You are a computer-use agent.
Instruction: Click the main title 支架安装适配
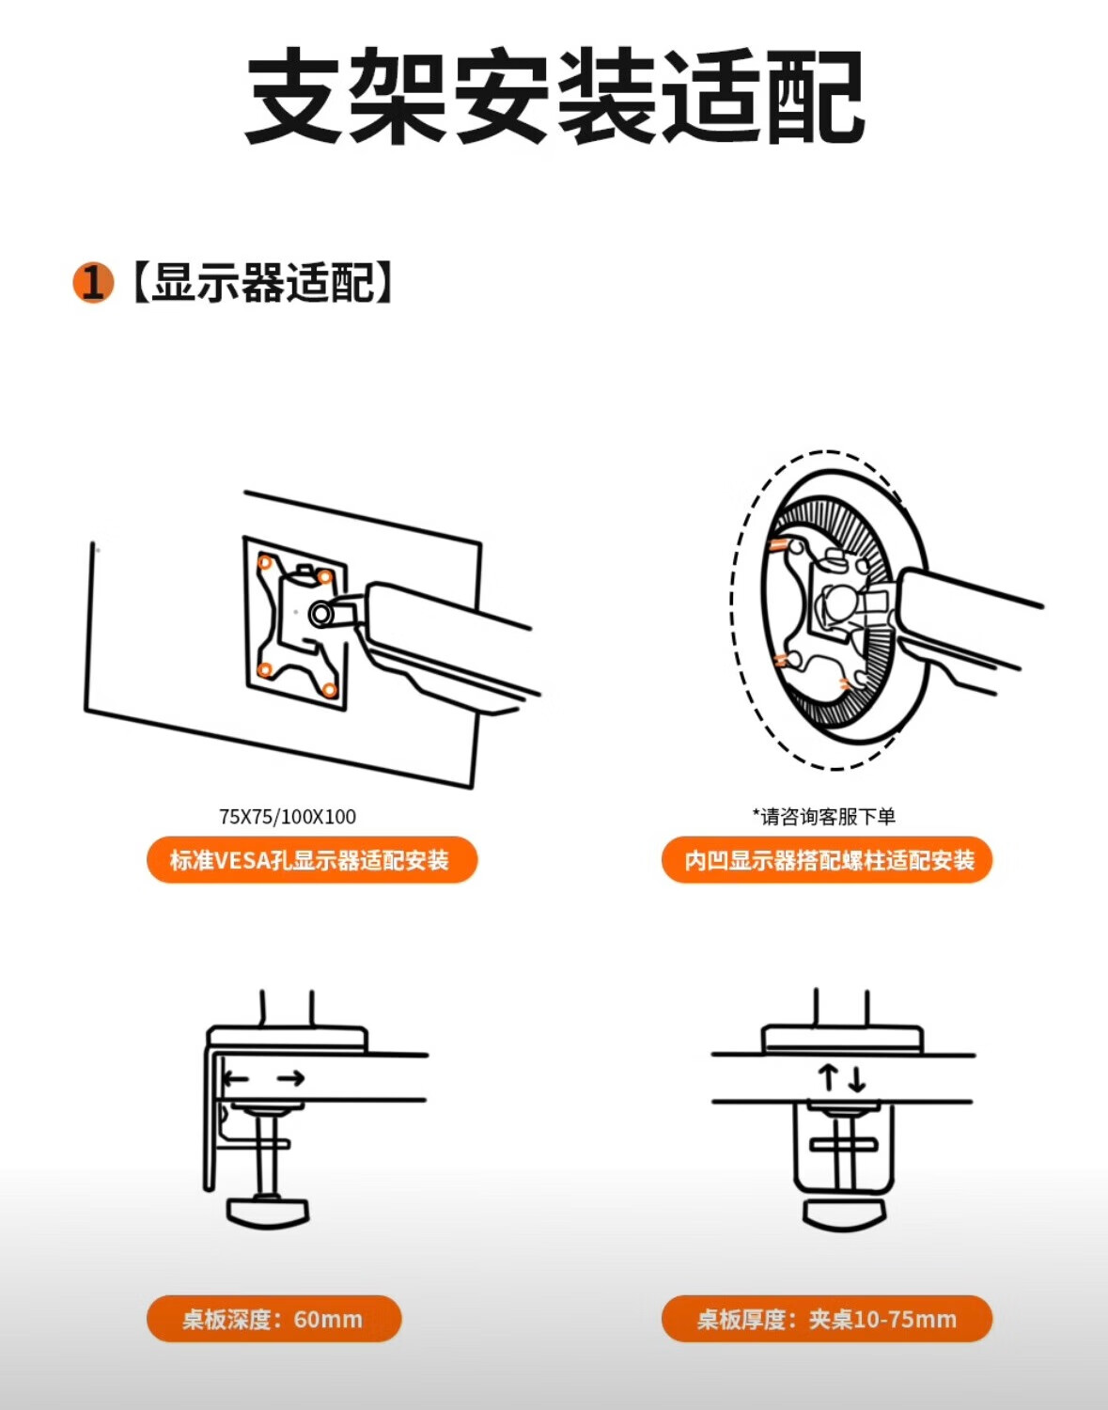pos(554,97)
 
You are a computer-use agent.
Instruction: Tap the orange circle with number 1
pos(93,283)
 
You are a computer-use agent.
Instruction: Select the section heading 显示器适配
pos(263,283)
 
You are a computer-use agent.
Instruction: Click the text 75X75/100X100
pos(288,816)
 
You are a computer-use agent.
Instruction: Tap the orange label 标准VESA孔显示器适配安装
pos(312,860)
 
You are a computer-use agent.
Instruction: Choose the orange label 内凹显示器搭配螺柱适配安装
pos(827,860)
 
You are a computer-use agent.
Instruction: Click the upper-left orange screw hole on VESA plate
pos(265,562)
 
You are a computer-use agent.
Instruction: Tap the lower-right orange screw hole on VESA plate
pos(330,690)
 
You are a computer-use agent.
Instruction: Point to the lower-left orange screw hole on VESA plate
pos(265,670)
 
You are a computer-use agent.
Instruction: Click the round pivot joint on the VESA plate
pos(320,613)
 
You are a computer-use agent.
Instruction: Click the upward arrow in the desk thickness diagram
pos(828,1078)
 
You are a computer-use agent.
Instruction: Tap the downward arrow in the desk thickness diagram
pos(857,1080)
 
